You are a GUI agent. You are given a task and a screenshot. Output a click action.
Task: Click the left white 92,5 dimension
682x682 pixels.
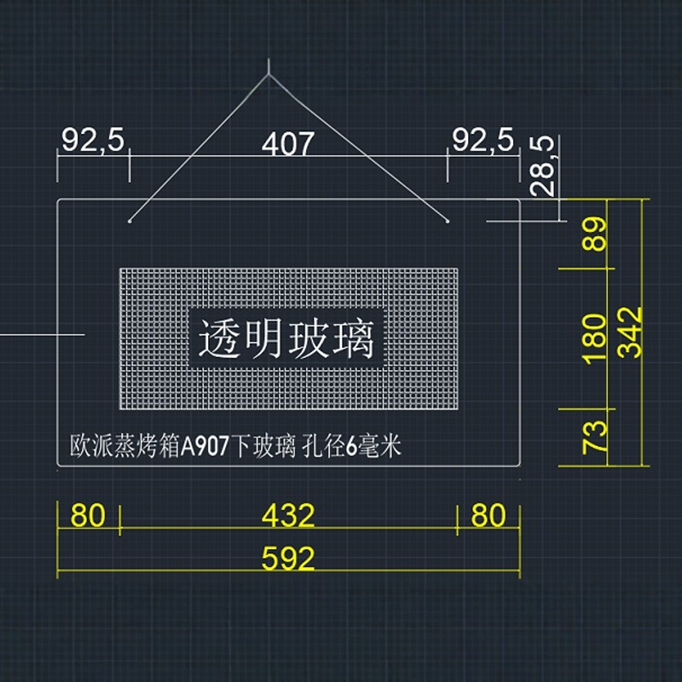(x=93, y=140)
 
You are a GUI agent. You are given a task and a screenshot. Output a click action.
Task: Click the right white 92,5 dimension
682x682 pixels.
(x=483, y=140)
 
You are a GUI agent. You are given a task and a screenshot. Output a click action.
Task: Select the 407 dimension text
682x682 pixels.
(x=287, y=144)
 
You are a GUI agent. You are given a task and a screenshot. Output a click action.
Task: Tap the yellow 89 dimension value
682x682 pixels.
(x=596, y=234)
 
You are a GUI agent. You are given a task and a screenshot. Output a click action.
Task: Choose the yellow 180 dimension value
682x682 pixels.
(x=596, y=337)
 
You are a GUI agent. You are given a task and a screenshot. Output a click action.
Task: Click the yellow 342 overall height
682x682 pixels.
(x=632, y=332)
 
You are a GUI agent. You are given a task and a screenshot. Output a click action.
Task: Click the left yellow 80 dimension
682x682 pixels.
(x=87, y=516)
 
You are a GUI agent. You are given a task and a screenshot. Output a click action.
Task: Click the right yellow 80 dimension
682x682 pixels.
(x=488, y=516)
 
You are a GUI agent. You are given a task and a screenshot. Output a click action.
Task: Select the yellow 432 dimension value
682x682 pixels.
(x=288, y=516)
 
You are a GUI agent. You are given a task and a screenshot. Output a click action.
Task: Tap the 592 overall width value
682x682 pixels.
(x=288, y=559)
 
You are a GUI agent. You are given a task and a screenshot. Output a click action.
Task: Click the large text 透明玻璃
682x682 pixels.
(x=286, y=339)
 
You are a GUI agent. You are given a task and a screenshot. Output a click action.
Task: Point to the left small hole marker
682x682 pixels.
(x=130, y=221)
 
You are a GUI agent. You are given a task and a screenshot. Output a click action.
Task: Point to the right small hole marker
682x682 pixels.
(x=448, y=221)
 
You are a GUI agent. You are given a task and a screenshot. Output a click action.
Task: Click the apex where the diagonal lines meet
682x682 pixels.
(x=268, y=76)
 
